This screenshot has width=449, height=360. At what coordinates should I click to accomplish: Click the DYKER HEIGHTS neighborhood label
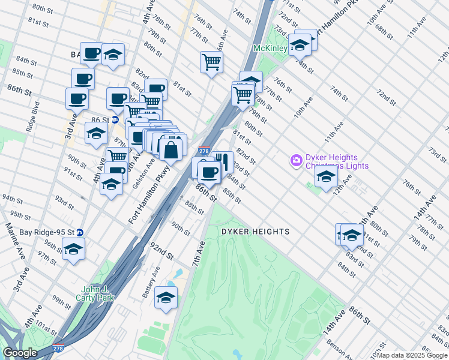255,232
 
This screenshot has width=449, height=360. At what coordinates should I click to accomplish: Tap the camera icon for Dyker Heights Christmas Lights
295,160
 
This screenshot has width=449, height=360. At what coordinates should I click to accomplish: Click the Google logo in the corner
20,353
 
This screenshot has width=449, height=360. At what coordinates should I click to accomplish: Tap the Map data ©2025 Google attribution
412,355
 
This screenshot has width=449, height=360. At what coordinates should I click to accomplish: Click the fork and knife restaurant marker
223,161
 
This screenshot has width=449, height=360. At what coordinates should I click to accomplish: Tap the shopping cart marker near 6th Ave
211,61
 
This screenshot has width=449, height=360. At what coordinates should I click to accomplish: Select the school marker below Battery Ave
166,297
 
